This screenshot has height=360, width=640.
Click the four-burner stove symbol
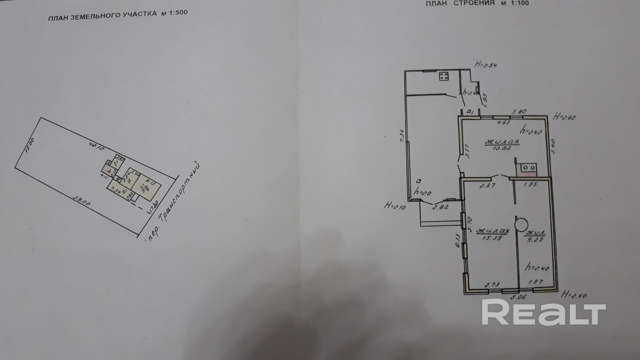[443, 76]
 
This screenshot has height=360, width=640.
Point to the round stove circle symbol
[522, 224]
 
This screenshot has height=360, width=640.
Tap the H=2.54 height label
[487, 64]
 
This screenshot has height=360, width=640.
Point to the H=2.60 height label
[574, 294]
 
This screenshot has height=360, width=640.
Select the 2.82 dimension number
[440, 206]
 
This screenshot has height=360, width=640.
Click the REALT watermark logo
[543, 313]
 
